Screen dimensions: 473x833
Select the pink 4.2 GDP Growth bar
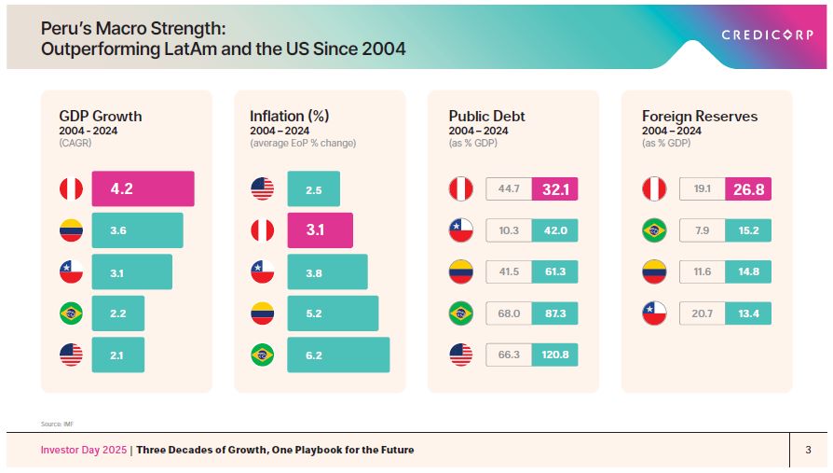click(143, 188)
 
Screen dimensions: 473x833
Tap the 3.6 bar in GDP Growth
click(137, 230)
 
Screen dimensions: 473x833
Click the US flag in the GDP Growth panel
click(71, 355)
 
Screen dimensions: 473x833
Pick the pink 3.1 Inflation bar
click(320, 230)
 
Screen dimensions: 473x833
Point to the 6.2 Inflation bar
click(338, 355)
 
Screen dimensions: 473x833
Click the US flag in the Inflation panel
click(263, 189)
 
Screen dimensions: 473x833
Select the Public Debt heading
click(486, 117)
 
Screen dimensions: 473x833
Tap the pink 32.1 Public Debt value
click(554, 189)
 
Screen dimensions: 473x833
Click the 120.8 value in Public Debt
click(554, 355)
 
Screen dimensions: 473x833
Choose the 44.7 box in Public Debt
click(509, 189)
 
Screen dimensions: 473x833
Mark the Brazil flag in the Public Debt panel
click(460, 313)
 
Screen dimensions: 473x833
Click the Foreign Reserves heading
click(699, 117)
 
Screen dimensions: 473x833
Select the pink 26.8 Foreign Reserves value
click(748, 189)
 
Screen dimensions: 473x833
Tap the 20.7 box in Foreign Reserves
click(703, 313)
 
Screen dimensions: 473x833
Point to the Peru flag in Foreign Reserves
click(654, 189)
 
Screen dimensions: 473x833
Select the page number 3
click(808, 450)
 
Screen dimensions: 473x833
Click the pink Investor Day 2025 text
click(85, 450)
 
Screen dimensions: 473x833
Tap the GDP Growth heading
click(100, 117)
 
